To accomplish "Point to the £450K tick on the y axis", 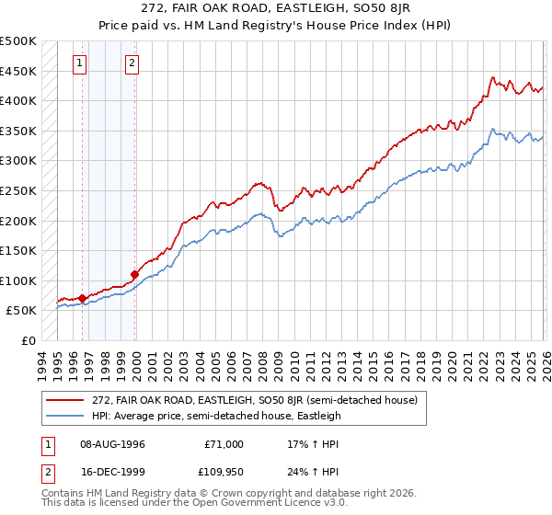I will point(18,71).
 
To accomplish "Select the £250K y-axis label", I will point(18,190).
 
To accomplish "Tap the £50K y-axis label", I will point(21,311).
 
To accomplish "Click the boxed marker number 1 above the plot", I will point(80,63).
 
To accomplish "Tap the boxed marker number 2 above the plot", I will point(132,63).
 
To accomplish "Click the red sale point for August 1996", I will point(83,298).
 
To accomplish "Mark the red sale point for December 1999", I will point(135,274).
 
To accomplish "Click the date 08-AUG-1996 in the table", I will point(109,444).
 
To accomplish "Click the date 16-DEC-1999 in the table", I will point(109,472).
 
